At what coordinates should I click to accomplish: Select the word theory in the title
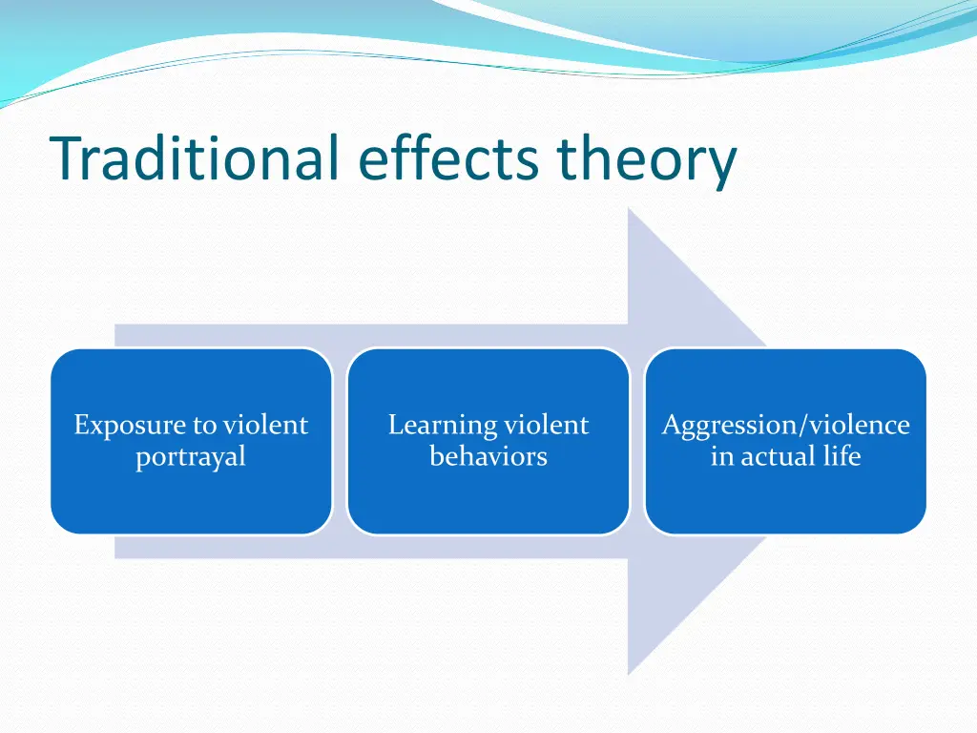(647, 162)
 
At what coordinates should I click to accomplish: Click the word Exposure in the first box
(130, 427)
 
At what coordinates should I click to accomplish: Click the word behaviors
(488, 456)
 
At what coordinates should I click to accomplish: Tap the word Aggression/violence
(786, 427)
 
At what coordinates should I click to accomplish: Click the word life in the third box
(842, 455)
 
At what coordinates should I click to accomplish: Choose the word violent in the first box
(265, 425)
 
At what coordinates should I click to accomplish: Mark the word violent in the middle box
(546, 425)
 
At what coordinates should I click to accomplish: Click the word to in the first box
(204, 427)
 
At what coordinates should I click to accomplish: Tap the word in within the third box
(722, 456)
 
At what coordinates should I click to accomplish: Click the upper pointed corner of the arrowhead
(628, 209)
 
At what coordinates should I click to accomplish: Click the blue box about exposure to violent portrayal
(191, 441)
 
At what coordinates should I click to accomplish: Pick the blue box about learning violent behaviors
(488, 441)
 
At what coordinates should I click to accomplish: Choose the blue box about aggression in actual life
(786, 441)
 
